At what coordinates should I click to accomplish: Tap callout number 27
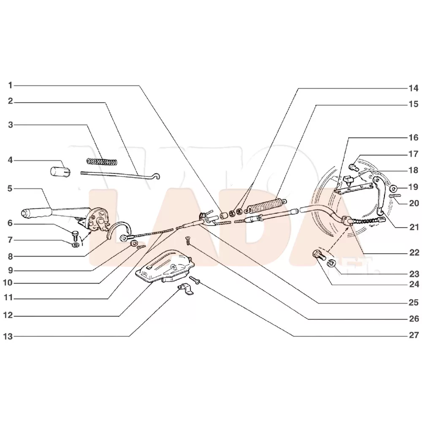point(413,335)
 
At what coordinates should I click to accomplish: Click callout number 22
point(413,253)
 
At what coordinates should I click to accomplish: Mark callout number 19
point(413,187)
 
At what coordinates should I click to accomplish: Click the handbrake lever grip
point(36,211)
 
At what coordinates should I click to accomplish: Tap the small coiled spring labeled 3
point(101,161)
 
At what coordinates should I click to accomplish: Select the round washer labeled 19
point(393,188)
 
